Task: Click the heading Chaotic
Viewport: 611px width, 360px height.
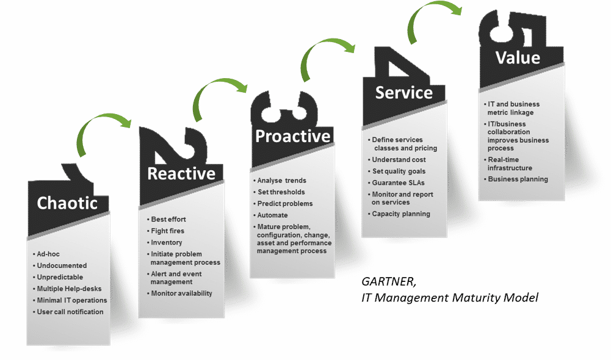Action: (67, 203)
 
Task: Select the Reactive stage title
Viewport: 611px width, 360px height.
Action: (181, 174)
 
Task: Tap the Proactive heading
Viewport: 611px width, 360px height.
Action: (292, 136)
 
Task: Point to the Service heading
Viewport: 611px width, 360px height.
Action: (403, 93)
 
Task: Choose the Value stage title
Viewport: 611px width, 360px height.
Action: (518, 58)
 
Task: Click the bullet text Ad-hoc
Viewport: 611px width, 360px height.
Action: (48, 254)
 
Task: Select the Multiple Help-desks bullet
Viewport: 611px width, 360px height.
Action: (69, 289)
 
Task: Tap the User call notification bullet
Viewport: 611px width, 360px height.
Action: (70, 312)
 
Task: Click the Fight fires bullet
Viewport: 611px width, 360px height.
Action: (167, 231)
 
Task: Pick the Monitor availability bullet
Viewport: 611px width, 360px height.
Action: (181, 293)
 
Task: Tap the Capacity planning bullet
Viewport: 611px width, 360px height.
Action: (401, 214)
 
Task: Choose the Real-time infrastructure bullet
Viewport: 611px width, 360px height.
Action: (510, 164)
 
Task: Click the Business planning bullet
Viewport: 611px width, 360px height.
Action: (518, 179)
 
